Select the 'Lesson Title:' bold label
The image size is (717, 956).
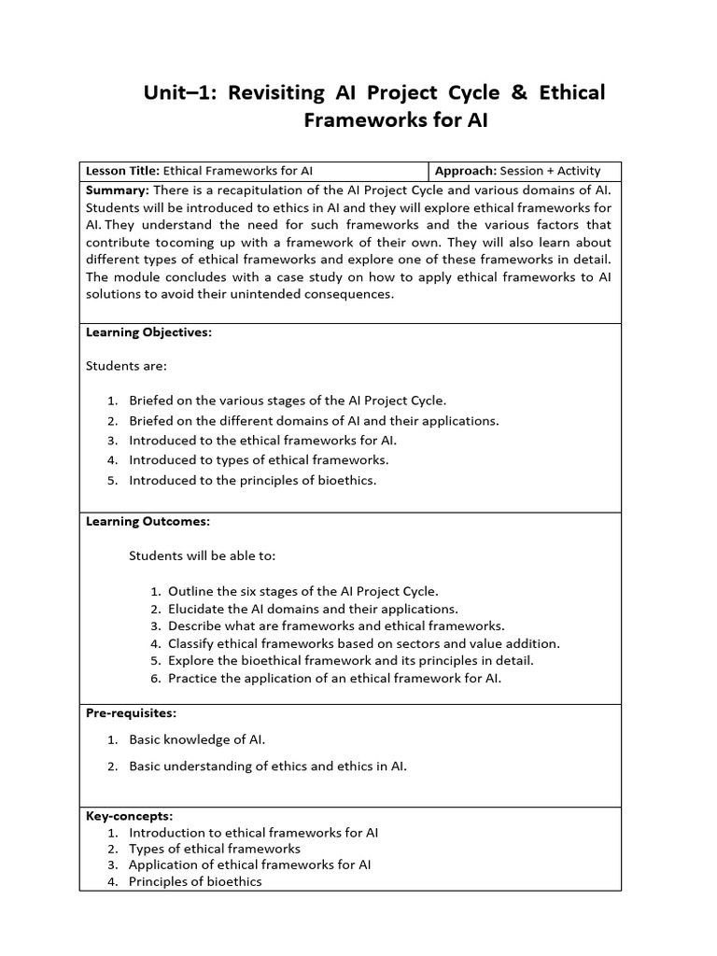pyautogui.click(x=123, y=171)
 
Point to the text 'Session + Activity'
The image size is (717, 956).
pyautogui.click(x=551, y=171)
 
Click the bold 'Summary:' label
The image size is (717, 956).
pyautogui.click(x=111, y=189)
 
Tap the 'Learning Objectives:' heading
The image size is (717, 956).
pyautogui.click(x=148, y=332)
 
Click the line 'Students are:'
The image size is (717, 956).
pyautogui.click(x=126, y=366)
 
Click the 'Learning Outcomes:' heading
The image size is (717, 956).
pyautogui.click(x=148, y=521)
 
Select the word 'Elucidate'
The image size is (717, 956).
pyautogui.click(x=196, y=609)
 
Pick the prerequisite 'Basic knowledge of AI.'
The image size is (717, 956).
pyautogui.click(x=197, y=739)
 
